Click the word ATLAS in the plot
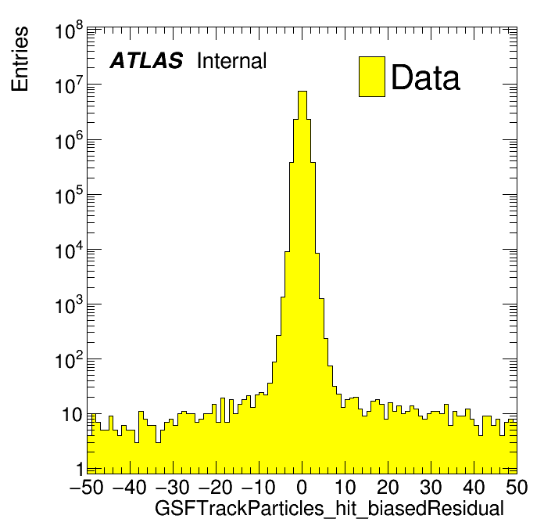pyautogui.click(x=146, y=61)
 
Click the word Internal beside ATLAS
pyautogui.click(x=231, y=61)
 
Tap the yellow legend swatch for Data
pyautogui.click(x=371, y=77)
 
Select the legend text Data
pyautogui.click(x=425, y=77)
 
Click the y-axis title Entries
pyautogui.click(x=20, y=59)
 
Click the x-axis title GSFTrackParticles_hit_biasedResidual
pyautogui.click(x=329, y=508)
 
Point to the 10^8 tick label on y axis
pyautogui.click(x=69, y=33)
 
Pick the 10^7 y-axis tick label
pyautogui.click(x=69, y=87)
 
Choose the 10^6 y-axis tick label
pyautogui.click(x=69, y=142)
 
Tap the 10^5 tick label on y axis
pyautogui.click(x=69, y=196)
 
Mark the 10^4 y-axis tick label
pyautogui.click(x=69, y=251)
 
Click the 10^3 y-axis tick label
pyautogui.click(x=69, y=306)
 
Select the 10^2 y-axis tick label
pyautogui.click(x=69, y=361)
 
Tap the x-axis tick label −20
pyautogui.click(x=215, y=486)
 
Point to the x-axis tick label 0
pyautogui.click(x=302, y=486)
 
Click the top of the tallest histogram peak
pyautogui.click(x=302, y=92)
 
